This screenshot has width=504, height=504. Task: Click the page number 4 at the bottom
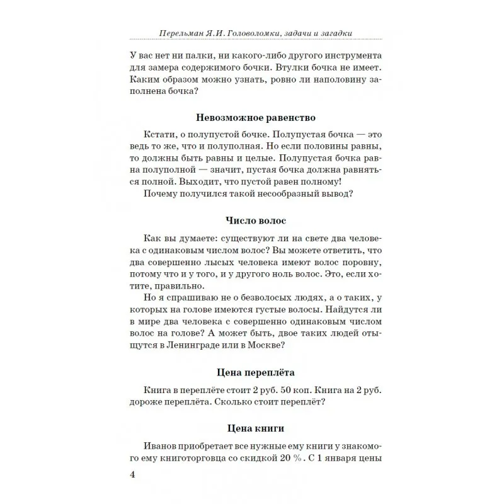click(x=132, y=474)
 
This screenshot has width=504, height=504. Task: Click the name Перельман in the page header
click(x=179, y=32)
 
